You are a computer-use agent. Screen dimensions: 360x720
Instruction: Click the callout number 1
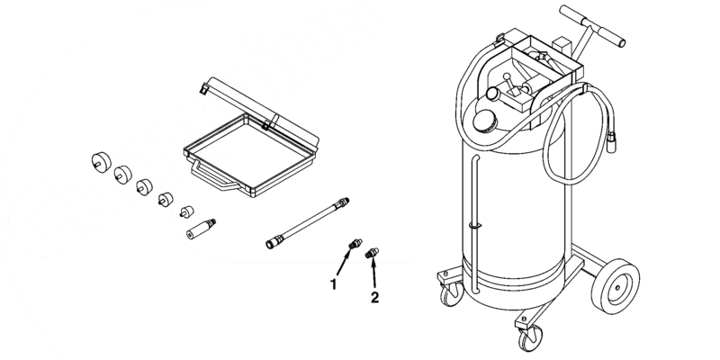tap(334, 284)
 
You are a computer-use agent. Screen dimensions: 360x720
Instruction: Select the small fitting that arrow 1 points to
tap(355, 243)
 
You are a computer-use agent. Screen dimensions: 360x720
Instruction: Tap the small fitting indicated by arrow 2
tap(372, 256)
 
